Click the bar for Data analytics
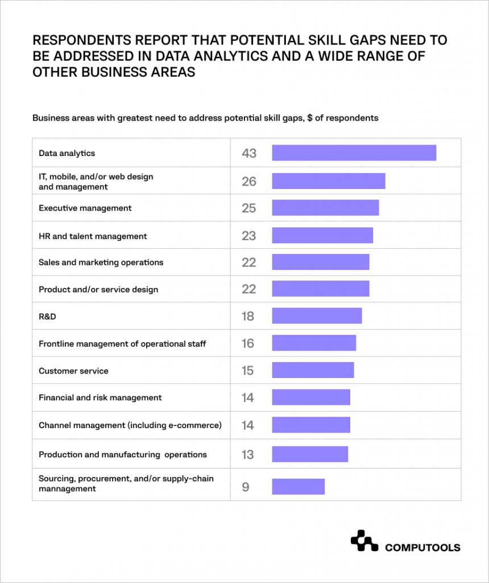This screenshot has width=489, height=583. coord(354,153)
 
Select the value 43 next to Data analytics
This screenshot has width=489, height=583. coord(249,153)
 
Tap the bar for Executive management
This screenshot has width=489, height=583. coord(325,208)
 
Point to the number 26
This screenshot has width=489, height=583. coord(249,182)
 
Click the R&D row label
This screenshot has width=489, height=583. coord(47,317)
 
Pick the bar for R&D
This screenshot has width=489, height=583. coord(317,316)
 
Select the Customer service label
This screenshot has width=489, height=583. coord(73,371)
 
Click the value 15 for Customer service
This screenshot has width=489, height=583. coord(247,371)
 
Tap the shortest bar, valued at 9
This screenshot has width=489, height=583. coord(298,487)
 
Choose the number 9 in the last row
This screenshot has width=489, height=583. coord(246,487)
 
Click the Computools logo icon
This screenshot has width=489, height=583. coord(364,541)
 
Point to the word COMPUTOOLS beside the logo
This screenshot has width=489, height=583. coord(422,548)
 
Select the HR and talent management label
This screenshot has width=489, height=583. coord(93,236)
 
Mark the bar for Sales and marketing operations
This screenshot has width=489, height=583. coord(321,262)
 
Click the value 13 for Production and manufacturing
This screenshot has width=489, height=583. coord(247,455)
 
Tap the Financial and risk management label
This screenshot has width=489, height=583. coord(100,398)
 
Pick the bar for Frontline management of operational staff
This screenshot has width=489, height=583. coord(314,343)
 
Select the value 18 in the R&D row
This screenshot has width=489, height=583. coord(247,317)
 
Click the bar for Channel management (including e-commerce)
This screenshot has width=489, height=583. coord(311,425)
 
